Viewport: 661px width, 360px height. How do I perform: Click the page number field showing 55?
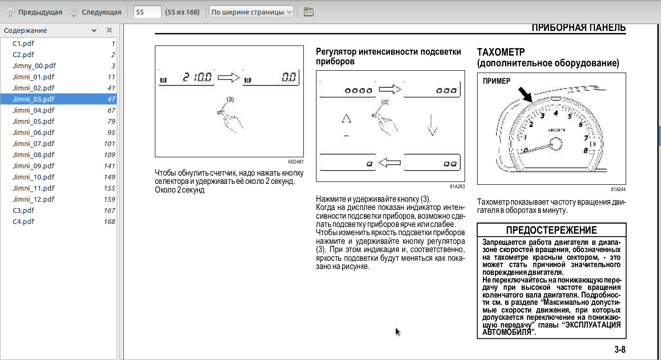tap(147, 12)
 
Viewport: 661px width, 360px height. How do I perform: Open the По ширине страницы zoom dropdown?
tap(252, 12)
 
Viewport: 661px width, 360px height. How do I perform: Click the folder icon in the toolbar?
tap(309, 12)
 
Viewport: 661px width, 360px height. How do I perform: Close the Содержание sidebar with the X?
tap(109, 30)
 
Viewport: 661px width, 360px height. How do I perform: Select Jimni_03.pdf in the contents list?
tap(34, 99)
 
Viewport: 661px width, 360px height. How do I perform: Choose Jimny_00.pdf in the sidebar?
tap(34, 66)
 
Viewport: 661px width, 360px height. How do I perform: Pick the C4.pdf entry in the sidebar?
tap(23, 222)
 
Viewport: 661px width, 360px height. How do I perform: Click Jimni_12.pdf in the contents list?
tap(34, 199)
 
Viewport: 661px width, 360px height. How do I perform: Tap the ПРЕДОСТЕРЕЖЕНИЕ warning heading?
tap(551, 230)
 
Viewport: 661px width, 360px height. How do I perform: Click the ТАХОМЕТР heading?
tap(501, 52)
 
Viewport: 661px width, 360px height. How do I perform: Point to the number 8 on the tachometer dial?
tap(585, 150)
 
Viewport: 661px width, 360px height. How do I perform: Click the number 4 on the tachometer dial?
tap(556, 113)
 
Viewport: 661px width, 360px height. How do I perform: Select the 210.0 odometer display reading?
tap(197, 77)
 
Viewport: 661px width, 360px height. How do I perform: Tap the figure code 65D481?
tap(296, 162)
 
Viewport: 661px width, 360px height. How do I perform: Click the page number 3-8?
tap(620, 349)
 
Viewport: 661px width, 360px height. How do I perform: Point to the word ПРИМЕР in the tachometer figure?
tap(496, 81)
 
